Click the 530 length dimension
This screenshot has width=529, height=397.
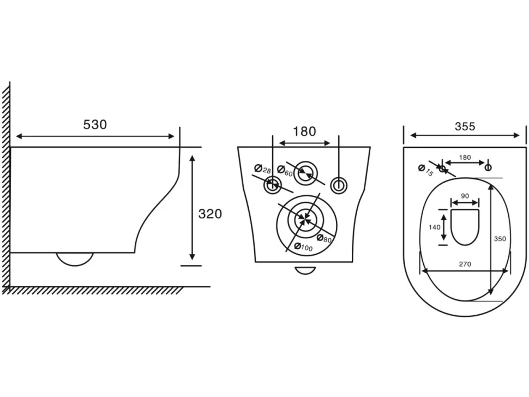tap(95, 124)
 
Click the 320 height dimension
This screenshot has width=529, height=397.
tap(210, 214)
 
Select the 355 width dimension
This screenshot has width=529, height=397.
tap(465, 127)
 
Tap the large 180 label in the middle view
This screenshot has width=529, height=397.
tap(304, 131)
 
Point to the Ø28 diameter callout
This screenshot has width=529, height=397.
tap(263, 169)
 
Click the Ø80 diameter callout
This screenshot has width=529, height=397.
tap(324, 238)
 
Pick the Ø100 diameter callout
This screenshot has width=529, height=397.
tap(303, 247)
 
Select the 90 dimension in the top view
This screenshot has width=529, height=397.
tap(465, 196)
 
